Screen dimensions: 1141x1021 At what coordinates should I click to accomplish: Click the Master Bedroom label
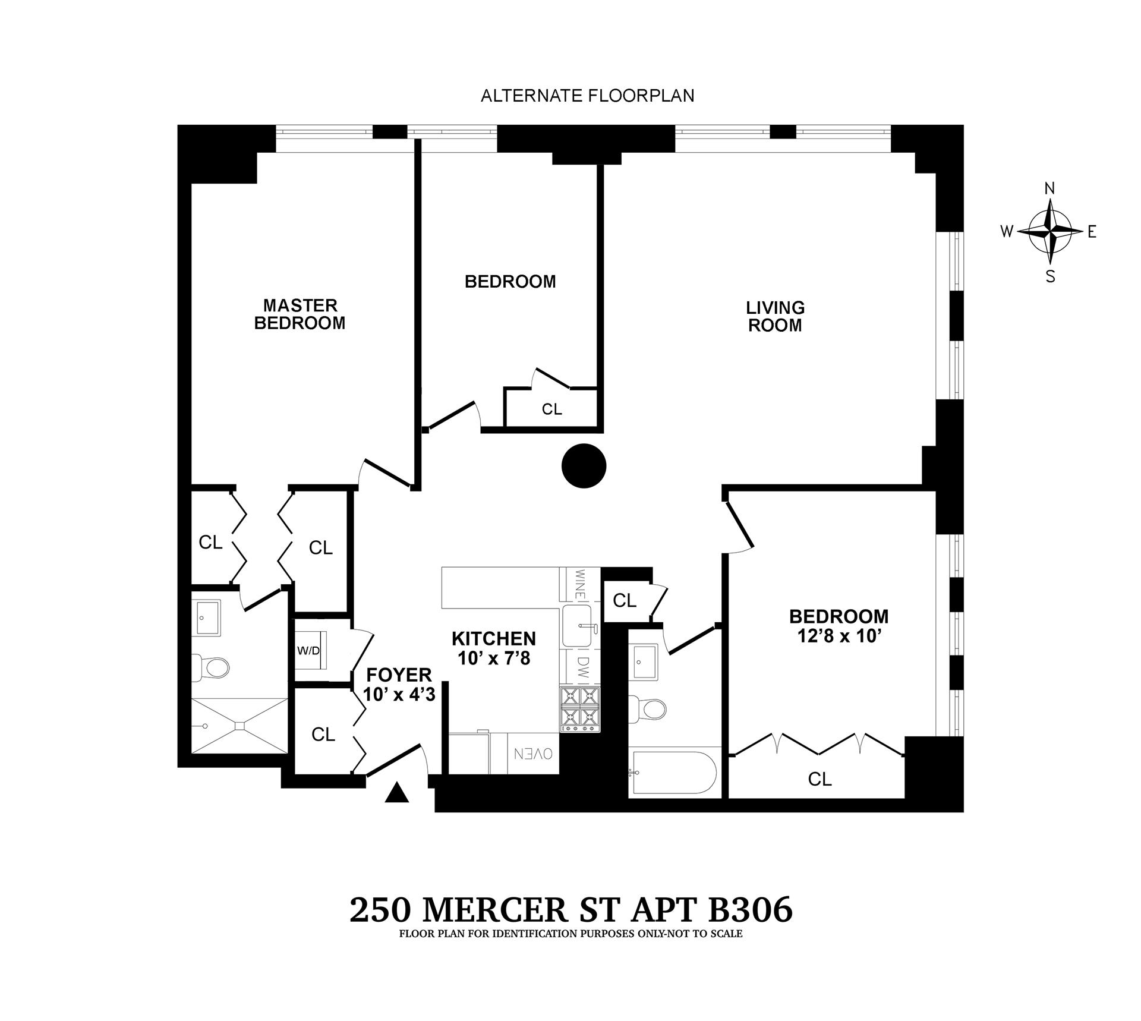pos(300,314)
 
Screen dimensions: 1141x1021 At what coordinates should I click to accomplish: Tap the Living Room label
pos(775,317)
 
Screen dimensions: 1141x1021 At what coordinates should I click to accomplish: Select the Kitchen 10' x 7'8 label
pos(493,648)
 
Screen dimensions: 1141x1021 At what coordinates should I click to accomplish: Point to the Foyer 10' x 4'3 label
pos(399,684)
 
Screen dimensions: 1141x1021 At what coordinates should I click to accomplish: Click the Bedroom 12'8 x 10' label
pos(838,626)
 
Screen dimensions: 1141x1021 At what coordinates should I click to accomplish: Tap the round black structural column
pos(584,466)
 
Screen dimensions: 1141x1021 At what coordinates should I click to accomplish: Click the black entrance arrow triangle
pos(397,793)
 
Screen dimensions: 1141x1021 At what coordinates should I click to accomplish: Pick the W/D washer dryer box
pos(309,651)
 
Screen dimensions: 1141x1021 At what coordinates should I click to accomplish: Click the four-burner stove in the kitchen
pos(580,708)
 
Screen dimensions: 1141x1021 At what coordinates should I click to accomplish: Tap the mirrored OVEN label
pos(533,754)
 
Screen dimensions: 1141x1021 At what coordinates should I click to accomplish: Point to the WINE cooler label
pos(580,584)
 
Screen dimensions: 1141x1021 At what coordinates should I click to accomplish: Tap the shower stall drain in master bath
pos(240,726)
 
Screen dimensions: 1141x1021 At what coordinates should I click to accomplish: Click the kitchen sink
pos(576,626)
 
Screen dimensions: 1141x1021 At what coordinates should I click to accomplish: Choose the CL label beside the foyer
pos(323,735)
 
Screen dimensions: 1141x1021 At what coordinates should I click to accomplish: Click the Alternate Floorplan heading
pos(587,96)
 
